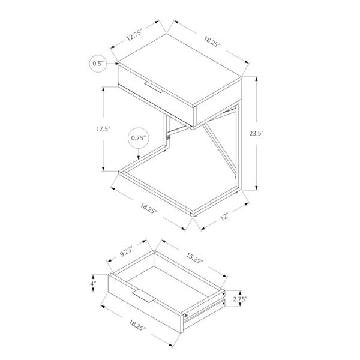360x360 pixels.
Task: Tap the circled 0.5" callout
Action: pos(98,63)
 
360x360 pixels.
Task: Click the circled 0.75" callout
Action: pos(139,138)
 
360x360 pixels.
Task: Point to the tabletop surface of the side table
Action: pos(180,66)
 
